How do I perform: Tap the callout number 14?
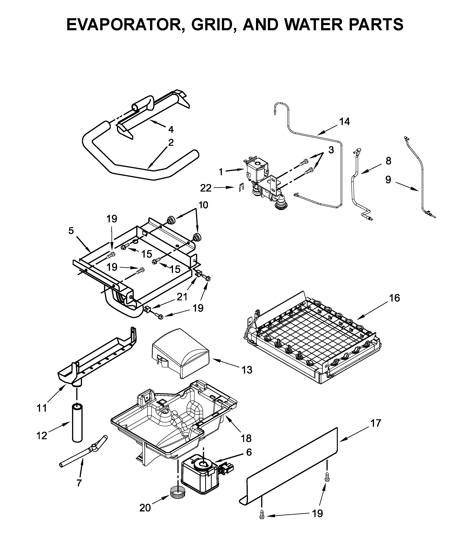[344, 122]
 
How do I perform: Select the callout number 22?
[206, 188]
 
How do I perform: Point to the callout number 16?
[395, 298]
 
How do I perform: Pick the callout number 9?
[388, 180]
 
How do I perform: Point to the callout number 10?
[203, 205]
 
